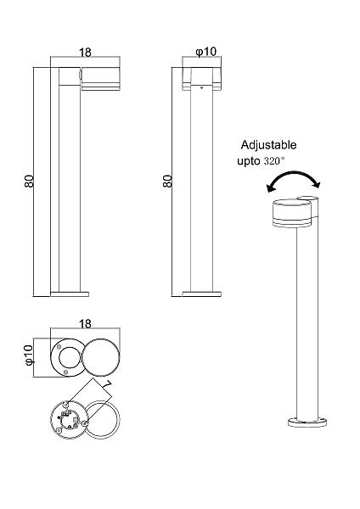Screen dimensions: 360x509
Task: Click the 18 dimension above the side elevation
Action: pos(85,53)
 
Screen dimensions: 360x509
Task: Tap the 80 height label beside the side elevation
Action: pos(29,182)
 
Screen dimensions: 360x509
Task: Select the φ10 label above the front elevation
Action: pos(205,51)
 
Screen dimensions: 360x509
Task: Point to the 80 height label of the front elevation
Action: pos(167,182)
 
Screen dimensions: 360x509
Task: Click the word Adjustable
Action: pos(268,145)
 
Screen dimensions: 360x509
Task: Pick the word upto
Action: pos(249,161)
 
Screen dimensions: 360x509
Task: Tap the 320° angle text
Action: pos(274,160)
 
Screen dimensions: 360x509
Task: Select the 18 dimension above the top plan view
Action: pos(85,324)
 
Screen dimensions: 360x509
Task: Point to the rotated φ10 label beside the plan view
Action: pos(29,355)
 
